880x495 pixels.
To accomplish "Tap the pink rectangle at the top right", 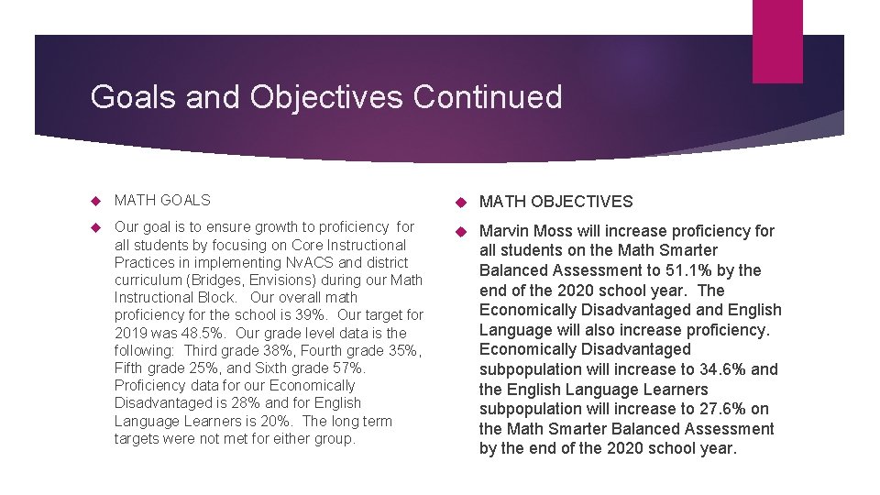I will coord(777,41).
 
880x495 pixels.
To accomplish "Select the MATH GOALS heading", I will coord(162,200).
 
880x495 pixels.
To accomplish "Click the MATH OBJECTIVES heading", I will coord(556,202).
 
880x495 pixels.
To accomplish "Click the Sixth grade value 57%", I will coord(348,368).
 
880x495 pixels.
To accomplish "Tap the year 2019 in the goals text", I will coord(131,333).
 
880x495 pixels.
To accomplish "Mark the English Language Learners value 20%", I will coord(279,421).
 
